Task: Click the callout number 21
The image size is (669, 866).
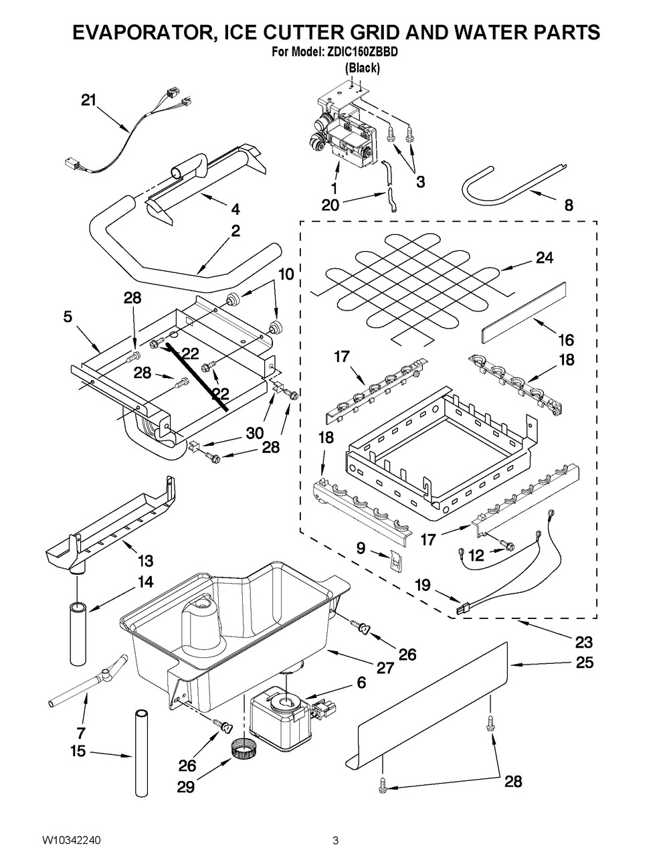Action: coord(89,100)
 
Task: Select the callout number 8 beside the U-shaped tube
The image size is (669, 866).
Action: coord(568,206)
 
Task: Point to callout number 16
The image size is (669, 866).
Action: coord(565,341)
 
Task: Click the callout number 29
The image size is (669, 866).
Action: coord(185,787)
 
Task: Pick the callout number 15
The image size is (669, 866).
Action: coord(78,752)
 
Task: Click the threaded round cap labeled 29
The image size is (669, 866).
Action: coord(239,748)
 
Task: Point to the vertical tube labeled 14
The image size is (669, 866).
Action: coord(78,632)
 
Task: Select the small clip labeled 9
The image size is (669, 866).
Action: coord(395,560)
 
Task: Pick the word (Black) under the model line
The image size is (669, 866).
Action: coord(362,68)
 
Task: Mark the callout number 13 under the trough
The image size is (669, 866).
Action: coord(145,559)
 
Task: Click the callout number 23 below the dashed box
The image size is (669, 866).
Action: coord(583,642)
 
